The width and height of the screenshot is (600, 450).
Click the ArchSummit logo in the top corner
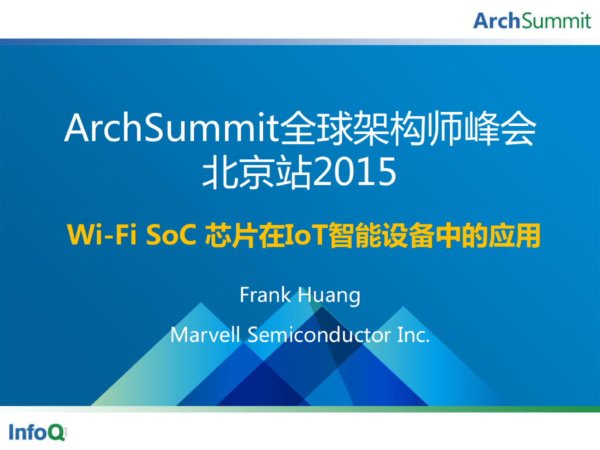point(532,21)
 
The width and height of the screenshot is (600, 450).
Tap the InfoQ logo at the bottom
point(37,432)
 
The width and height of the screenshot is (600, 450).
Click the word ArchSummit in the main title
point(171,129)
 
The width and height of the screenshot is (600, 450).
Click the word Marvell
point(206,335)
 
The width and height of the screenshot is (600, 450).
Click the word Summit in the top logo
point(556,21)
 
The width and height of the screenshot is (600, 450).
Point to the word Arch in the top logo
point(497,21)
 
